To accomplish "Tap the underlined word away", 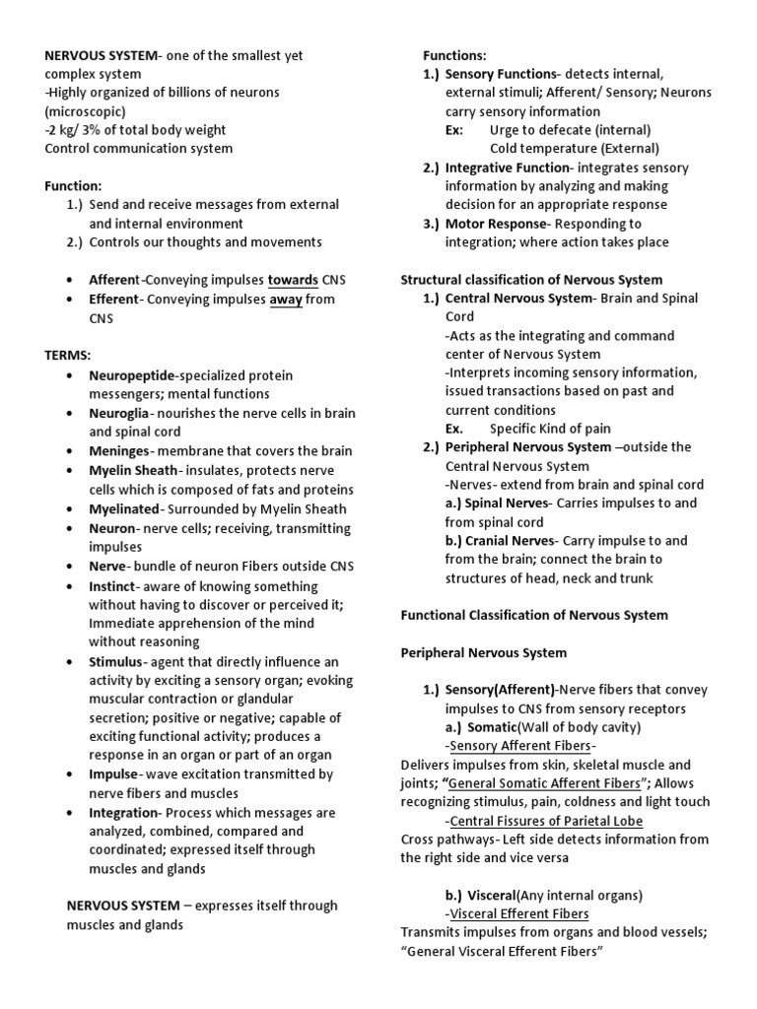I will coord(286,299).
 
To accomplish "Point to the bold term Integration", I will coord(124,812).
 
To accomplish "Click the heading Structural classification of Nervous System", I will coord(531,280).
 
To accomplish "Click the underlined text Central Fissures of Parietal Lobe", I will coord(546,821).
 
